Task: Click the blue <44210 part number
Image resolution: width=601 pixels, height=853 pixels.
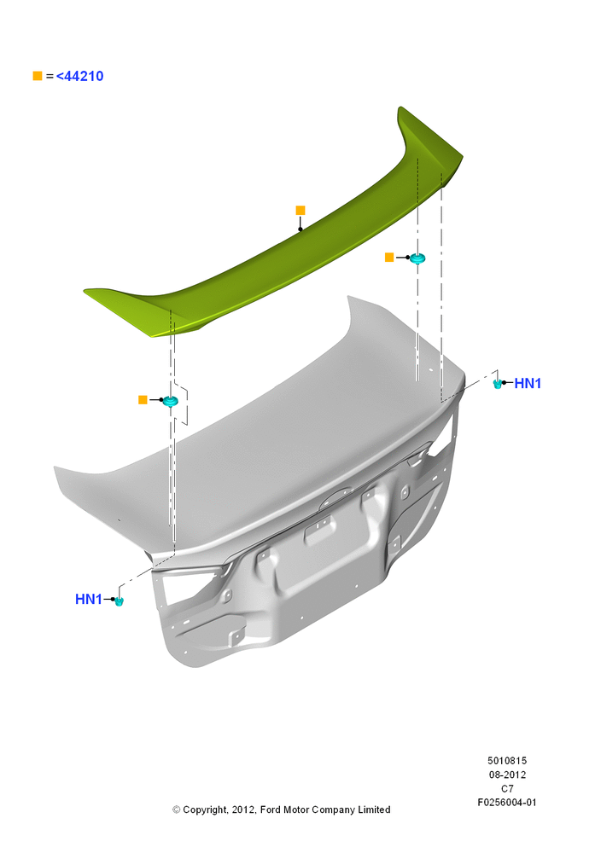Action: pos(79,76)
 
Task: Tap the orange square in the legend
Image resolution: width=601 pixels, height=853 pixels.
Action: pos(38,76)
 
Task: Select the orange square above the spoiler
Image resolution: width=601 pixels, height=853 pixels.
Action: pos(300,210)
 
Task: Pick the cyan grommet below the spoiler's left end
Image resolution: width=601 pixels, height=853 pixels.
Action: pos(171,401)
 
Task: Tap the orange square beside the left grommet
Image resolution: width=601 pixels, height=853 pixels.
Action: pos(143,400)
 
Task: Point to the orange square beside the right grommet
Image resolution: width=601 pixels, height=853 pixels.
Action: pos(389,258)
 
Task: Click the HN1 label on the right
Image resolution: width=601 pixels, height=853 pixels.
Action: pos(528,384)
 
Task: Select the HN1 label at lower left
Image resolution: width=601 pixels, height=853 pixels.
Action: pos(89,599)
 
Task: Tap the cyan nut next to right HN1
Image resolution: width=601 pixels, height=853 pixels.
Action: pos(497,384)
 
